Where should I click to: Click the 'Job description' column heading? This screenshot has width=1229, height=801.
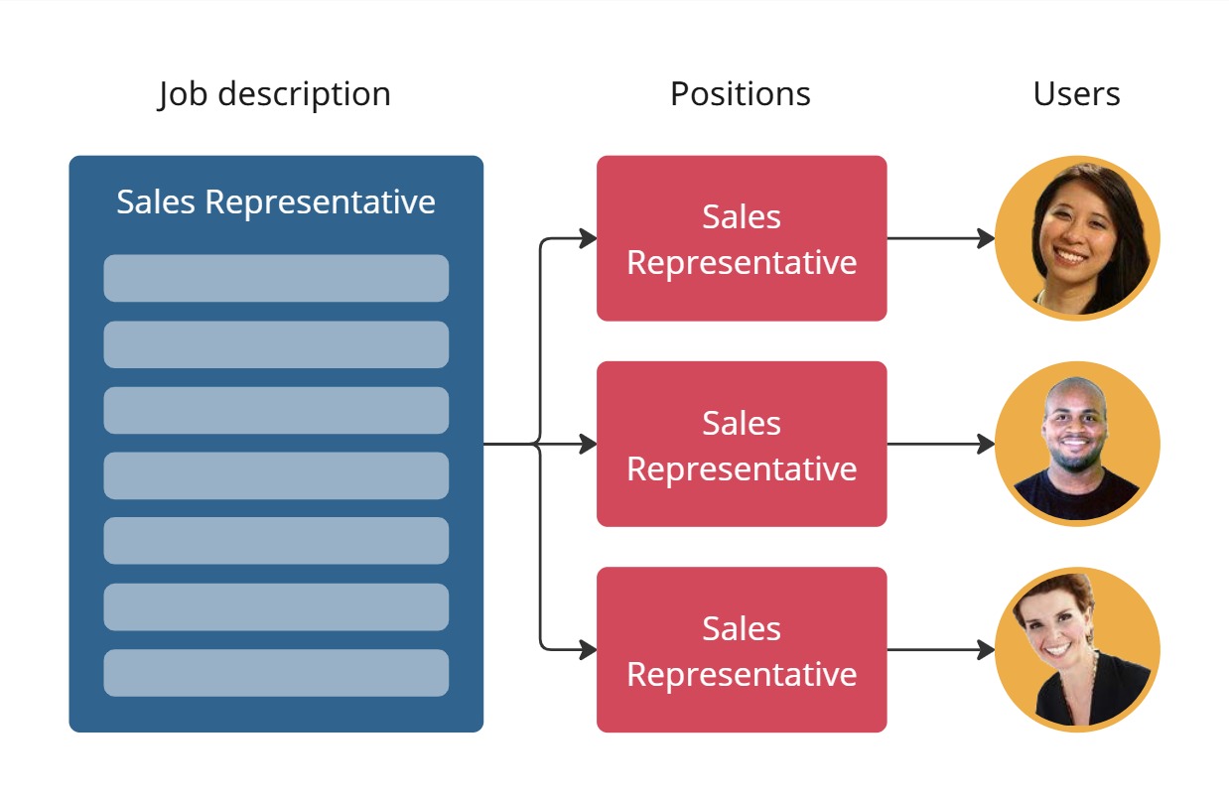[x=275, y=94]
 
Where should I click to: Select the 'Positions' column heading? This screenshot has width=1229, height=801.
[x=740, y=94]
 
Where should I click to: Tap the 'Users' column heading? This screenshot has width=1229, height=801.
[x=1076, y=94]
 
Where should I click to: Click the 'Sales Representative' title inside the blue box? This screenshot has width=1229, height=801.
[x=276, y=201]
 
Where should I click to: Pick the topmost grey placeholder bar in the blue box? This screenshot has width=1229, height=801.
[x=276, y=278]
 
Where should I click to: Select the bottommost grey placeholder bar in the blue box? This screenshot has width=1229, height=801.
[x=276, y=673]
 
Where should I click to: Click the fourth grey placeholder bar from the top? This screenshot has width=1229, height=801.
[x=276, y=475]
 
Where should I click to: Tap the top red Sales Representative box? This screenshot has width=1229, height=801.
[x=741, y=238]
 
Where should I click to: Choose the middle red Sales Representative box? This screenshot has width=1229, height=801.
[x=741, y=444]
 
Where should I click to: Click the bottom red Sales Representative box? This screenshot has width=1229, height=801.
[x=741, y=649]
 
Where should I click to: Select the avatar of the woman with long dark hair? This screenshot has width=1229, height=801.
[x=1077, y=238]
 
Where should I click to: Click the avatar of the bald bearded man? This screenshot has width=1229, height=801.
[x=1077, y=444]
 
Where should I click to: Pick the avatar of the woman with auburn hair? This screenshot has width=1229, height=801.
[x=1077, y=649]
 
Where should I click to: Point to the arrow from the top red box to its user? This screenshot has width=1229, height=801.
[x=938, y=238]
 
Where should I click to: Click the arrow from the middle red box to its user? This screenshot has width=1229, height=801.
[x=938, y=444]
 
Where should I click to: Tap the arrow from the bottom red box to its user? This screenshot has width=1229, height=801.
[x=938, y=650]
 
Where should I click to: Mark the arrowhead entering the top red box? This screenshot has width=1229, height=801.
[x=588, y=238]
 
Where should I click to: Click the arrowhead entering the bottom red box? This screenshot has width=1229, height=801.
[x=588, y=650]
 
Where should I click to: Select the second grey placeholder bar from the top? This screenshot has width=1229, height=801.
[x=276, y=344]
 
